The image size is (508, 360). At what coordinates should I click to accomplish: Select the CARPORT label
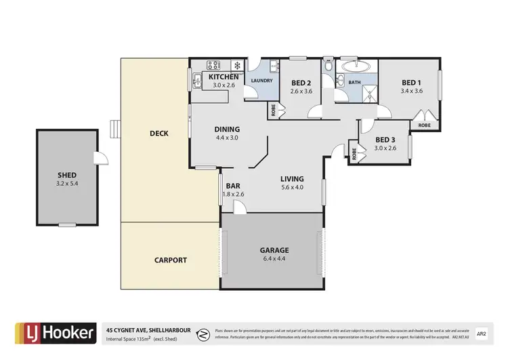pos(170,260)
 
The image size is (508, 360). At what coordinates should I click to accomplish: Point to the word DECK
pos(158,134)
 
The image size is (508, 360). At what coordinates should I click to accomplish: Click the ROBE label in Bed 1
pos(425,125)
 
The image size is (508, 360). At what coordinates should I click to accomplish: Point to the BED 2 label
pos(301,83)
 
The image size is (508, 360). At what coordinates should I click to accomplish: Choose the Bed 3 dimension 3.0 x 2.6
pos(385,148)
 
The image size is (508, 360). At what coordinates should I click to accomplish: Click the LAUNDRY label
pos(261,81)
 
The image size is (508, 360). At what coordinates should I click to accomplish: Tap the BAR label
pos(233,185)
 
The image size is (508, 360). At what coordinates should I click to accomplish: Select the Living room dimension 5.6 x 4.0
pos(292,188)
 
